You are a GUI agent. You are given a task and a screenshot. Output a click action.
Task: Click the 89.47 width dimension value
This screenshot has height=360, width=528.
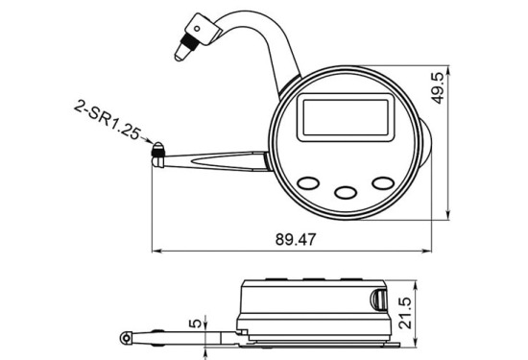[296, 239]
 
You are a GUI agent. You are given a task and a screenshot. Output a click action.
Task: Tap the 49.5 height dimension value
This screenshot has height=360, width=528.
[438, 88]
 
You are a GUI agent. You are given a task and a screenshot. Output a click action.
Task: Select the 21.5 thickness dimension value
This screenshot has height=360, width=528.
[405, 313]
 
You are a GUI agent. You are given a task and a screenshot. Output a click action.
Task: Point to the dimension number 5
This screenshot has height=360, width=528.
[195, 324]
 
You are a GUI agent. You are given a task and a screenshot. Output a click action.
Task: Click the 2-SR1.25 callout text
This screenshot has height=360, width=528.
[107, 120]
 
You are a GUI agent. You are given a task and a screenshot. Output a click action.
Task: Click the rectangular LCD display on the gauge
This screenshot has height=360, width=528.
[346, 117]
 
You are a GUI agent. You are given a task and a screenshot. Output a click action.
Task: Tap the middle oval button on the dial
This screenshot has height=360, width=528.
[346, 193]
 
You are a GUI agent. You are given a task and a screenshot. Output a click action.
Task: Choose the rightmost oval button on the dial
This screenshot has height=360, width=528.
[383, 183]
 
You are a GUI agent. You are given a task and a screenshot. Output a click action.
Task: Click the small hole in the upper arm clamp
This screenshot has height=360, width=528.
[197, 29]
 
